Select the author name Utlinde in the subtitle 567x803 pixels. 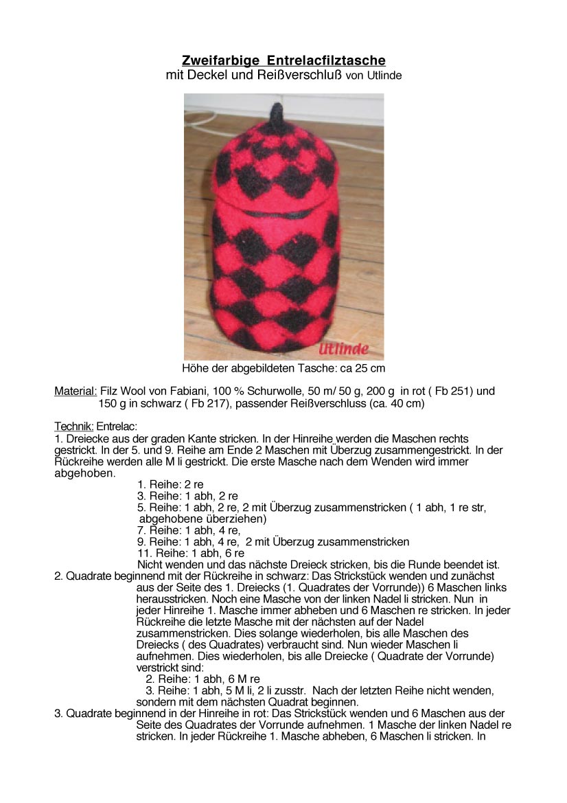pyautogui.click(x=383, y=76)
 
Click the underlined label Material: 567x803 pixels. pyautogui.click(x=76, y=392)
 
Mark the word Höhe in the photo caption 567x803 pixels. pyautogui.click(x=195, y=369)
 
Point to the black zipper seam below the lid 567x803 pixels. pyautogui.click(x=275, y=214)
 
